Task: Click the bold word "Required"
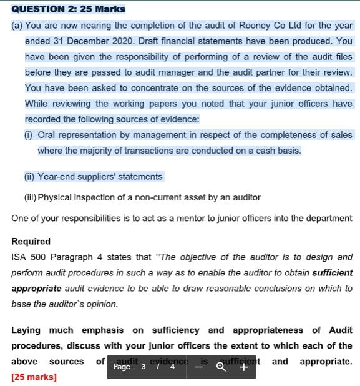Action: [31, 241]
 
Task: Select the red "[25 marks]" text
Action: [34, 377]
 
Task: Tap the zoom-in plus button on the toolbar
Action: [243, 367]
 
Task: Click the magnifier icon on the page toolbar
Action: [220, 367]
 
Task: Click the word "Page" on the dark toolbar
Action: [122, 367]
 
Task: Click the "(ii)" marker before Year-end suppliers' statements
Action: [29, 177]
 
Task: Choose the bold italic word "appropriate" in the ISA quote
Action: [36, 289]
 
